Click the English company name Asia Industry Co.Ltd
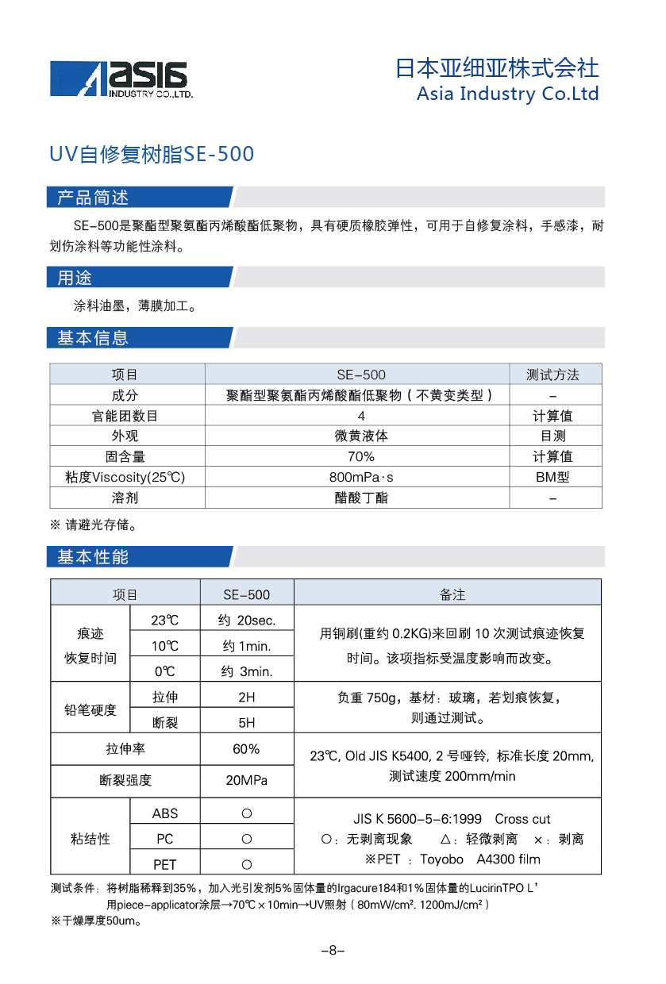[x=507, y=94]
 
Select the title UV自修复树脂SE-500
[x=152, y=154]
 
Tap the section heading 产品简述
[x=93, y=198]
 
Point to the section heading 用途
[x=75, y=278]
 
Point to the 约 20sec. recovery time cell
[x=247, y=621]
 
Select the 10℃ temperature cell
[x=165, y=646]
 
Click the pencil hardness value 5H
[x=247, y=722]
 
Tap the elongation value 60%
[x=247, y=749]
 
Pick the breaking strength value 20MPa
[x=247, y=781]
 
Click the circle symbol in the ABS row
[x=247, y=813]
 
